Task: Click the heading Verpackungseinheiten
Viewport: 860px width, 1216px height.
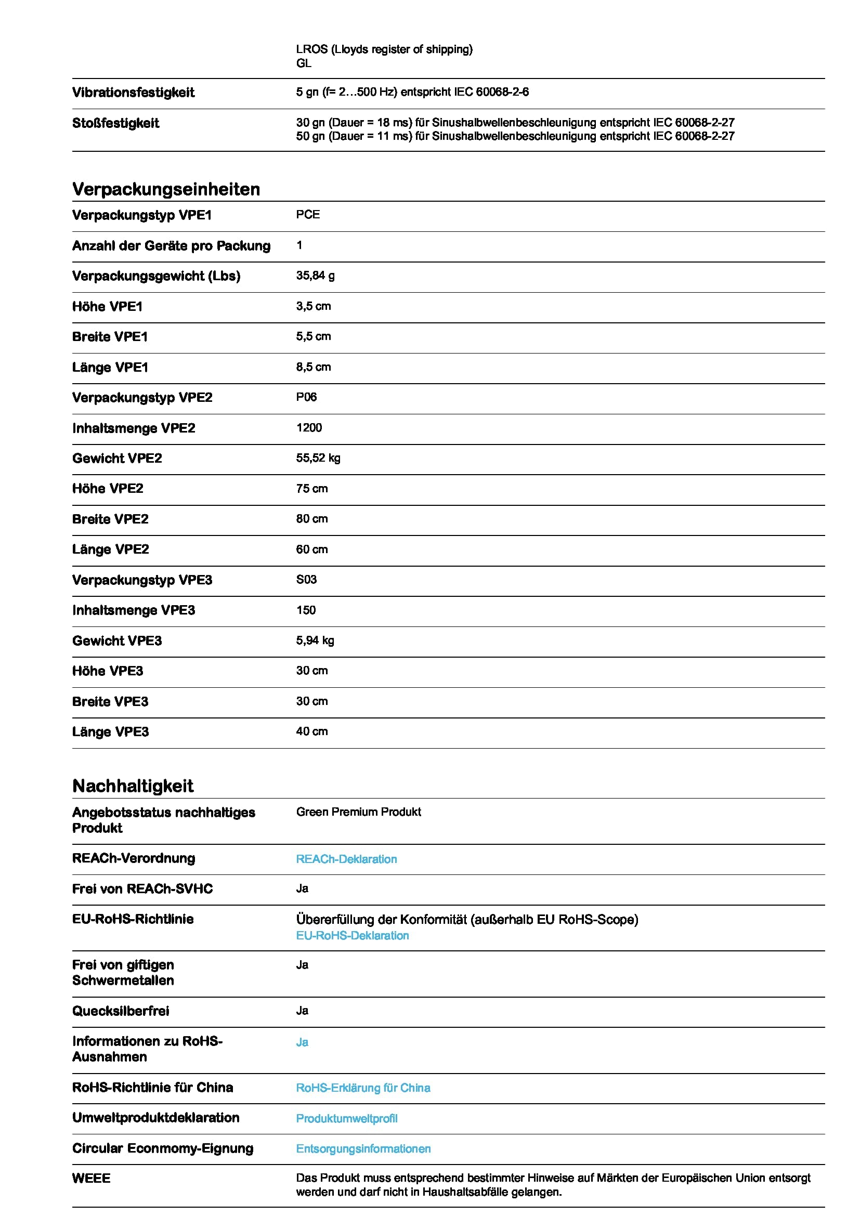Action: coord(166,189)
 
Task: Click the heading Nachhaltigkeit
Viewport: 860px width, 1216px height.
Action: coord(133,786)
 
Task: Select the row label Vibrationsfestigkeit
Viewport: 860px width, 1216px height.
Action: coord(133,93)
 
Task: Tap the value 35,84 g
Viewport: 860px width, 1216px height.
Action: coord(315,276)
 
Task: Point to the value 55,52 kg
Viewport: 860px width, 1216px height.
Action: coord(318,458)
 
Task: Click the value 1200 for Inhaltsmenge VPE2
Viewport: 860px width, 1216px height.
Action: coord(309,427)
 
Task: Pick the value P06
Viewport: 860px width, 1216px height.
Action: coord(306,397)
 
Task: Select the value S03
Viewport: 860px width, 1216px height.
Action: coord(306,579)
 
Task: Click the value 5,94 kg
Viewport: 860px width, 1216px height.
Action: coord(315,640)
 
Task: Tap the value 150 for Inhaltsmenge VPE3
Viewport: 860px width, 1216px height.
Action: coord(306,610)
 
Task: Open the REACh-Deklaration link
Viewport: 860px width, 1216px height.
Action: coord(346,859)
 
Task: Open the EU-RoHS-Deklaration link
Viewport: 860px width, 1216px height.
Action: coord(352,935)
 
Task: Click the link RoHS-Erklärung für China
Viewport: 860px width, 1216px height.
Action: coord(363,1088)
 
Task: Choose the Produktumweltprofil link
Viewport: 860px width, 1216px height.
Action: coord(346,1119)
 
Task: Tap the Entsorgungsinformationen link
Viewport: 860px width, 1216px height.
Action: coord(363,1149)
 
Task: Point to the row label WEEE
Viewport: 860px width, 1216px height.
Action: coord(91,1179)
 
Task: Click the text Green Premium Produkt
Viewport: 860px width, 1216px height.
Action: coord(359,812)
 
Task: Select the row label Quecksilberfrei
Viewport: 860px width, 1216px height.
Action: coord(120,1011)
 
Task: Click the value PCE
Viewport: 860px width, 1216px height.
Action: coord(308,215)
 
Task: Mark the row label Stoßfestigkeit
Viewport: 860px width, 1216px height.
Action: coord(115,123)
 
